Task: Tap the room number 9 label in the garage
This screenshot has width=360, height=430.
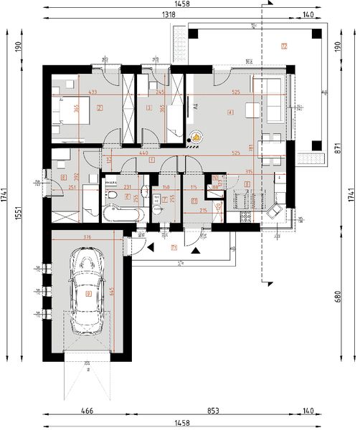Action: tap(87, 293)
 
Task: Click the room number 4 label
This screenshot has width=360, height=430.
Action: tap(229, 113)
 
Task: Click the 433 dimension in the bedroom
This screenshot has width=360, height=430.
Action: tap(92, 92)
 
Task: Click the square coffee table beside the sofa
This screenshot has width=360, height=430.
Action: tap(252, 110)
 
